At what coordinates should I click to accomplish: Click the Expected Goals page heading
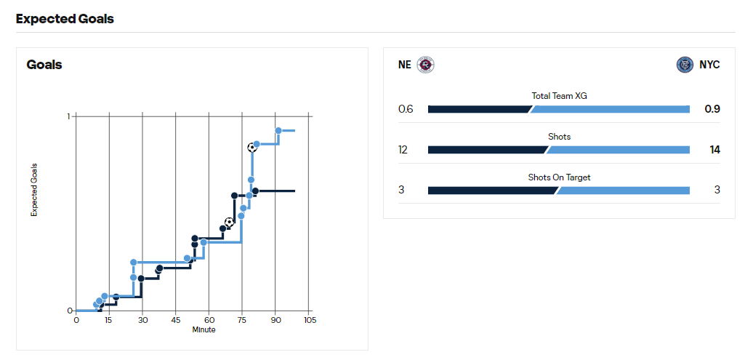65,19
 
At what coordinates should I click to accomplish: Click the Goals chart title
44,65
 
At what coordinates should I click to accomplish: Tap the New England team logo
425,65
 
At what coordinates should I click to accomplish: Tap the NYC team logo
685,65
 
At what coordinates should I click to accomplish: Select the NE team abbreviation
404,65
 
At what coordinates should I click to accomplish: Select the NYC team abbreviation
709,65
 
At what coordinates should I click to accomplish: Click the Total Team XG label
558,95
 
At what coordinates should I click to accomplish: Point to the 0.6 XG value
405,109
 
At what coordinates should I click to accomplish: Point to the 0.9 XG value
712,109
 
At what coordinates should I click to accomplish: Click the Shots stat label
558,136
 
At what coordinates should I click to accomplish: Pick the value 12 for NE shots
403,150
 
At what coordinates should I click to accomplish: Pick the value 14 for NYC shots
714,150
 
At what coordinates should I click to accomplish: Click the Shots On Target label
558,177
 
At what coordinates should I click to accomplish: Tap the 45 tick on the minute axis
176,320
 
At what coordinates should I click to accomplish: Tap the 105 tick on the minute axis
309,320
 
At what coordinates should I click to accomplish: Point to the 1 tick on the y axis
68,116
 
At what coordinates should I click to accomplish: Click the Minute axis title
204,329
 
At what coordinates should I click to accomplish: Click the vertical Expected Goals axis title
33,190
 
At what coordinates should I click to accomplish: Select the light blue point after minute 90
278,131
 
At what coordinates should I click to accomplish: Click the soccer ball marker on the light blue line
251,147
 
